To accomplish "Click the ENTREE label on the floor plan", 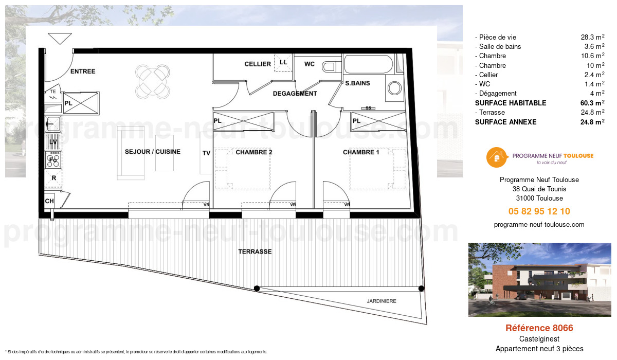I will (x=83, y=71).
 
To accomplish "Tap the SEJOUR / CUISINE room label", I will (x=153, y=152).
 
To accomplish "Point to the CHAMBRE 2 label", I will (x=254, y=152).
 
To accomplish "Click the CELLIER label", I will (x=258, y=64).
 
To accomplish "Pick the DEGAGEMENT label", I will (x=295, y=94).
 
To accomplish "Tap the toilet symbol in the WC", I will (x=330, y=66).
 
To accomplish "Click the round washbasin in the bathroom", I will (x=395, y=88).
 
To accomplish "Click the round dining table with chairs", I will (x=153, y=81).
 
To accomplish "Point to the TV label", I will (x=206, y=153).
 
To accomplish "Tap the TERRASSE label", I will (x=255, y=252).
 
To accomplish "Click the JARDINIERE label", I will (x=382, y=301).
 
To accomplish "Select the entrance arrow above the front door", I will (x=60, y=39).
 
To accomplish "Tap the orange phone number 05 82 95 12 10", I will (x=539, y=211).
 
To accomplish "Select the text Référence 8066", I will (x=539, y=328).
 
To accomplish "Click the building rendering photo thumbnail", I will (x=539, y=279).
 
